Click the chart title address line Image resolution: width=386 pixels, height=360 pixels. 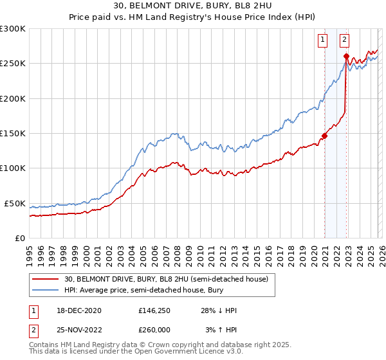point(193,5)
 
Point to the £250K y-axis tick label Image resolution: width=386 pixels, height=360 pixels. point(13,64)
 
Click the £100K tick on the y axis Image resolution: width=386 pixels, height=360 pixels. point(13,168)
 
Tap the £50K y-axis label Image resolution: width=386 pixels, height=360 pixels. point(15,203)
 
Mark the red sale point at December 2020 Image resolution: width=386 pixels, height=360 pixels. point(325,136)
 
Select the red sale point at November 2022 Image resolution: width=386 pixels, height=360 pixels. point(346,57)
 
